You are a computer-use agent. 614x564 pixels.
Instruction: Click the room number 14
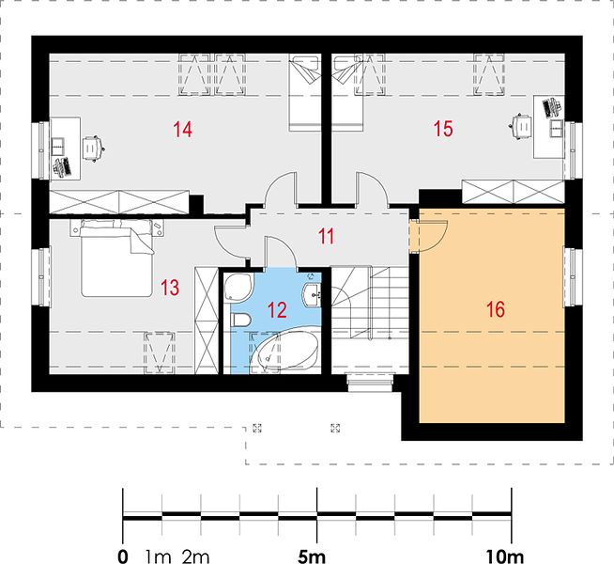pos(182,130)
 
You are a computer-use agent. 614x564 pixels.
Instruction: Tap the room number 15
pos(443,129)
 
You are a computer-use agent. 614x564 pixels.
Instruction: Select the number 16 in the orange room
pos(496,309)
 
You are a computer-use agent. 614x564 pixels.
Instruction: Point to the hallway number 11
pos(326,236)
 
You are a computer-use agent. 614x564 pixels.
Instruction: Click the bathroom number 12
pos(277,309)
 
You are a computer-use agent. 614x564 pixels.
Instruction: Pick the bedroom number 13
pos(170,288)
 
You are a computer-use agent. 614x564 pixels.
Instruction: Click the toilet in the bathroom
pos(241,320)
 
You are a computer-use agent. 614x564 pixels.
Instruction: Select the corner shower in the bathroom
pos(238,288)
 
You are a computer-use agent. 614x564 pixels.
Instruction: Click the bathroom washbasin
pos(312,293)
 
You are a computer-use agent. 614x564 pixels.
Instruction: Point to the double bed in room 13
pos(116,258)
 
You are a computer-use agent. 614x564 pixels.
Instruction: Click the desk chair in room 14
pos(94,149)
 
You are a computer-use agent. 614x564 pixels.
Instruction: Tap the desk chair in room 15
pos(520,126)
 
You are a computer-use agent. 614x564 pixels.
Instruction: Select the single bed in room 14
pos(304,93)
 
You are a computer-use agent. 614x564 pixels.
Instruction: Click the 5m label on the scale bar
pos(312,556)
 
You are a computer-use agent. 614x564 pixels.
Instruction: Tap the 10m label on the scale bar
pos(505,556)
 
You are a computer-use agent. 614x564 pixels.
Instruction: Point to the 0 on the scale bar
pos(123,556)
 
